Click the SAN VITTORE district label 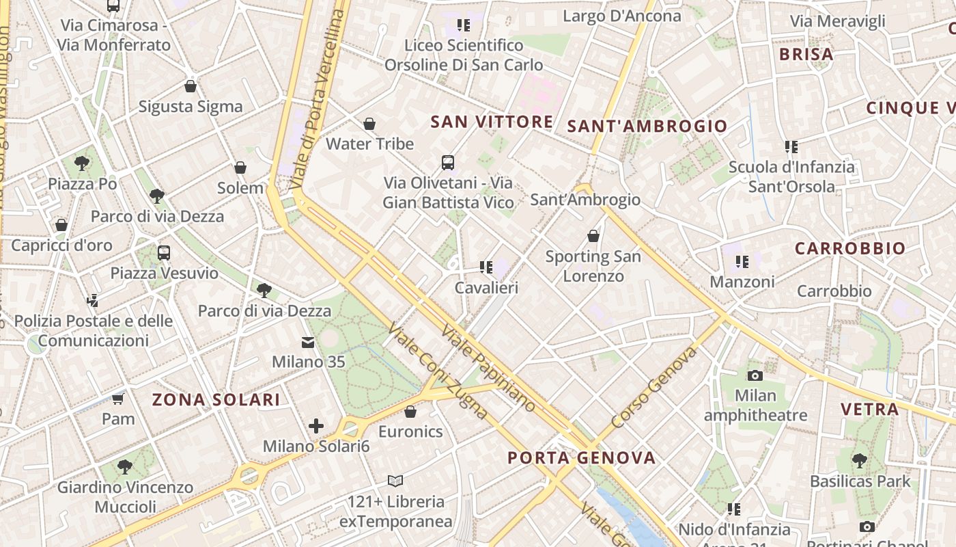492,122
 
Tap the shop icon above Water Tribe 369,124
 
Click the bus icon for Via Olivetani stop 448,163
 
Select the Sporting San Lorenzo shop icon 593,236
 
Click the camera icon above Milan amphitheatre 755,375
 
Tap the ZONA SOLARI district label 216,400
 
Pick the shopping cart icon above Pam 118,399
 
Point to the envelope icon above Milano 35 309,342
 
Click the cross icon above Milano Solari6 316,427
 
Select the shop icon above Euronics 410,412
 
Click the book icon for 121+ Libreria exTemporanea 395,481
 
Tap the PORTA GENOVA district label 582,458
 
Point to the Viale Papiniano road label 489,368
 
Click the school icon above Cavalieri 486,267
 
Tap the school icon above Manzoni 742,261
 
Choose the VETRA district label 869,410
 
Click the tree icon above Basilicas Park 860,461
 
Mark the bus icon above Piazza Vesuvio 164,253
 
